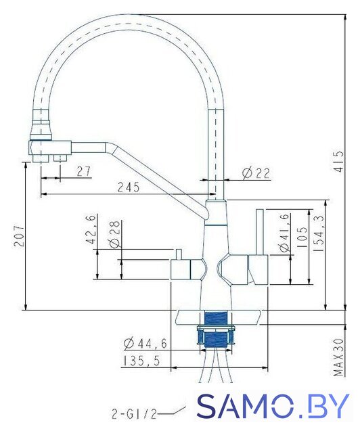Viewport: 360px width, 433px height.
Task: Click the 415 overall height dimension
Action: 340,162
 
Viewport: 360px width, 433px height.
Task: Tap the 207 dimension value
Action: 19,236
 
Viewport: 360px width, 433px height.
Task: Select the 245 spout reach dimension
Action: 129,187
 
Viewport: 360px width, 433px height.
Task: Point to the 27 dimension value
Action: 83,171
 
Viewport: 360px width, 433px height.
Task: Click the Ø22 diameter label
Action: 256,173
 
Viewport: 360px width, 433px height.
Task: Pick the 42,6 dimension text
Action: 91,229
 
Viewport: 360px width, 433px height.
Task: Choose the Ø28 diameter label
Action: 114,234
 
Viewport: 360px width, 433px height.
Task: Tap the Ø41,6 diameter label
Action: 285,233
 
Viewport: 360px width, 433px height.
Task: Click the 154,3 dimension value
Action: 319,233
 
